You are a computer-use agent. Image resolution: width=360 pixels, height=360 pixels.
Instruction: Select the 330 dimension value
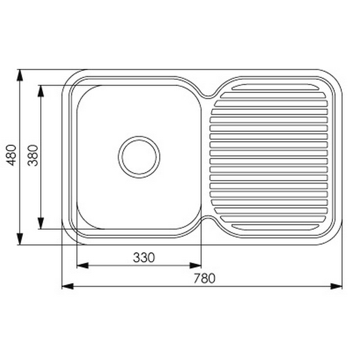coord(143,257)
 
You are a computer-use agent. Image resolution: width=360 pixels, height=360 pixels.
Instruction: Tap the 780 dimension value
coord(204,278)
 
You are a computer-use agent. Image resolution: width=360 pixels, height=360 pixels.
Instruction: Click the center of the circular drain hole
coord(139,157)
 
